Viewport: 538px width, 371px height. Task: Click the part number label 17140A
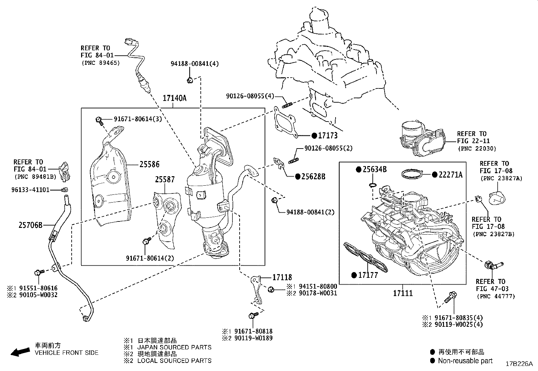tap(174, 98)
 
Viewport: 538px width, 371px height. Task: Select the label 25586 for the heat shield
tap(150, 164)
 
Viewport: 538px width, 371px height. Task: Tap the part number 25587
tap(165, 179)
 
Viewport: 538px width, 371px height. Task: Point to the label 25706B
tap(30, 224)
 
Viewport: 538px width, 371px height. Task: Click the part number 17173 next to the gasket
tap(328, 135)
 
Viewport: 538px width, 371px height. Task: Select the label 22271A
tap(450, 175)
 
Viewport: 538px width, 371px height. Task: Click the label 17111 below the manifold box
tap(403, 293)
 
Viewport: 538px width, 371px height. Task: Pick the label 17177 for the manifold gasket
tap(368, 275)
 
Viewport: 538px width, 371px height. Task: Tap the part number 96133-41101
tap(30, 190)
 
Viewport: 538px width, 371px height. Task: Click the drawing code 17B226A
tap(519, 364)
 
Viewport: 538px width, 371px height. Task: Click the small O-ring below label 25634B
tap(372, 185)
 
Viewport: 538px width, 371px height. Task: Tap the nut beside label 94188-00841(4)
tap(190, 80)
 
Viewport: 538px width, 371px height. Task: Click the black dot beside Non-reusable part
tap(432, 361)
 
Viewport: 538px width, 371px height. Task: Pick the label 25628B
tap(313, 176)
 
